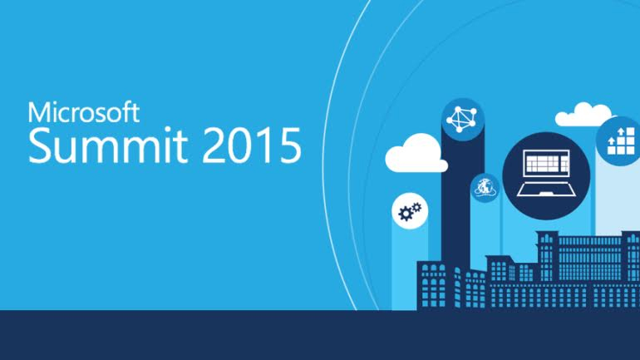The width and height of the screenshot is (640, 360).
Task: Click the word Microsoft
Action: [x=83, y=113]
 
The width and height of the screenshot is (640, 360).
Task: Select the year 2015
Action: [x=254, y=146]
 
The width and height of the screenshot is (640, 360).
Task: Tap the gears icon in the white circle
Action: [x=409, y=214]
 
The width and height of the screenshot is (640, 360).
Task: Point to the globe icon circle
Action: [x=485, y=189]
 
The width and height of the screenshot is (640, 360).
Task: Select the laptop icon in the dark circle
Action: [x=545, y=172]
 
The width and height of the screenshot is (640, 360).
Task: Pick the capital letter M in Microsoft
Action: [x=37, y=113]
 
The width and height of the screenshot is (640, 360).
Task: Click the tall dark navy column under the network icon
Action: [x=456, y=208]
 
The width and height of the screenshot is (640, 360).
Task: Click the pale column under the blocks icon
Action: [x=617, y=200]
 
